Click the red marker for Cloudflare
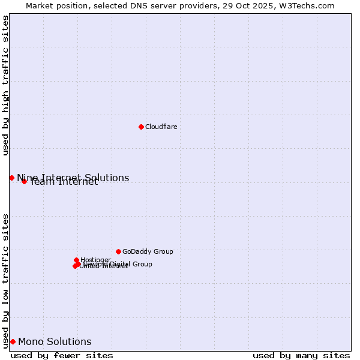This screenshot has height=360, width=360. tap(141, 127)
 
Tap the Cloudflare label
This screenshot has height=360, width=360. tap(161, 127)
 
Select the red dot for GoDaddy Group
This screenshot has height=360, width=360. tap(118, 251)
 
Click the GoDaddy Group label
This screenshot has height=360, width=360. tap(148, 251)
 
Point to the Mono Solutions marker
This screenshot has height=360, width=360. tap(13, 341)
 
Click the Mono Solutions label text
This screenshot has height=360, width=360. tap(55, 342)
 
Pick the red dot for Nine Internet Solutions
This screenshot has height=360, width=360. tap(11, 178)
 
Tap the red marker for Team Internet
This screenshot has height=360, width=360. tap(24, 181)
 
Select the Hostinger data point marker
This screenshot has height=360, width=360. tap(76, 260)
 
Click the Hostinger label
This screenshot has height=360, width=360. tap(95, 260)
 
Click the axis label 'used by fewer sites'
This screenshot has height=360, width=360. tap(62, 355)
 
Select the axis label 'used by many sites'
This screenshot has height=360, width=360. tap(301, 355)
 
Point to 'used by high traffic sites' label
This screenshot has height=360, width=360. tap(6, 85)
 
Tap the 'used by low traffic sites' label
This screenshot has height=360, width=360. tap(6, 280)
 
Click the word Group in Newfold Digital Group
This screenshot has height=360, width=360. tap(143, 264)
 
